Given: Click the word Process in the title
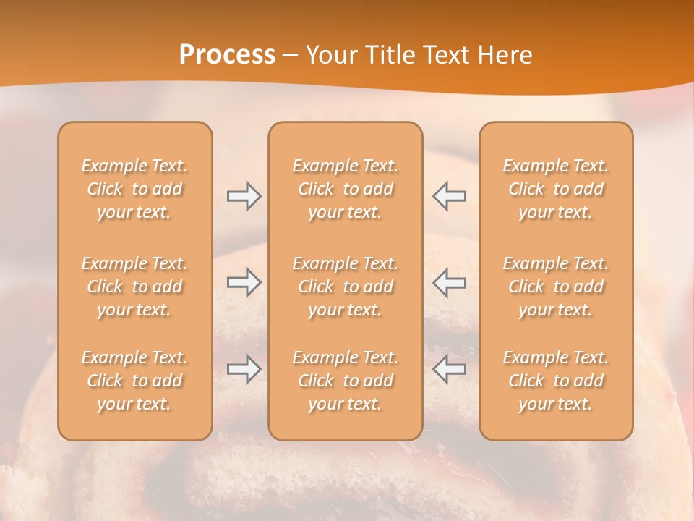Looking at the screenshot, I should [227, 55].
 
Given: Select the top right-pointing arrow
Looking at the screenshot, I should [244, 196].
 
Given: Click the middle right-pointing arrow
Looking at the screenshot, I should [244, 282].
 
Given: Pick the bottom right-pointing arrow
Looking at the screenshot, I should [244, 369].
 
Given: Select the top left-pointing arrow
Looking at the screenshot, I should [449, 196].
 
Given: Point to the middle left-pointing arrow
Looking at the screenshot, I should [449, 282].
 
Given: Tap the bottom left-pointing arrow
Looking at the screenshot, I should [449, 369].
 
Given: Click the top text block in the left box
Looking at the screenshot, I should [134, 189].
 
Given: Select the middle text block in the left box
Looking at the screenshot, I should [134, 287].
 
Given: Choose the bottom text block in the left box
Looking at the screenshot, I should [134, 381].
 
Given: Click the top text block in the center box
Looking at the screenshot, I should [346, 189].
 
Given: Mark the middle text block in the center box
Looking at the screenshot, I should [346, 287].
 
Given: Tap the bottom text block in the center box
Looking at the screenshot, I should [346, 381].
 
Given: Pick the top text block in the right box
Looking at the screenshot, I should [556, 189].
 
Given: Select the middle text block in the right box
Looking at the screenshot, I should [556, 287].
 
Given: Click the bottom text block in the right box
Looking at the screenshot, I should [556, 381].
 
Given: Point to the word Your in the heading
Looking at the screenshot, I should [333, 55].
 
